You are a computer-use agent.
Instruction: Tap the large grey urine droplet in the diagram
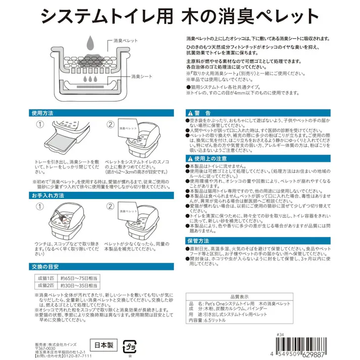click(90, 42)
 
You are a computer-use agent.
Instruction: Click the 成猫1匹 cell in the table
click(44, 278)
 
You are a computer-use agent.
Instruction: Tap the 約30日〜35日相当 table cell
click(78, 286)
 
